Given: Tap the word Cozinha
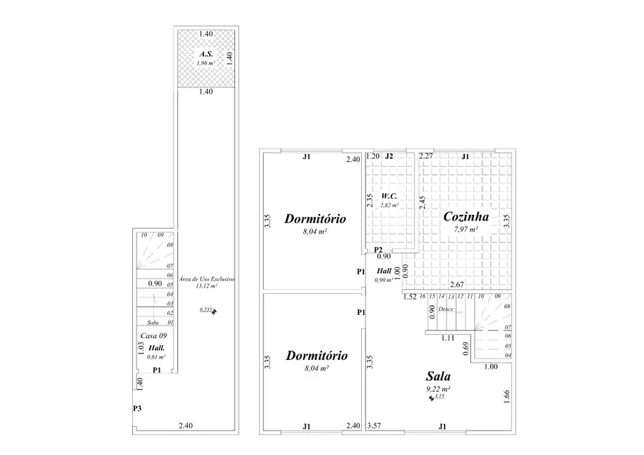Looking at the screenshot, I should click(x=465, y=217).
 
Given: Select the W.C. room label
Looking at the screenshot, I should click(x=389, y=196).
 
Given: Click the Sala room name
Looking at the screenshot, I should click(x=437, y=376).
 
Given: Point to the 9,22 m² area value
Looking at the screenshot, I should click(x=437, y=388).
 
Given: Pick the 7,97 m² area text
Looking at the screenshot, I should click(x=465, y=229).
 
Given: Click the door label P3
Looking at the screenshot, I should click(x=137, y=408).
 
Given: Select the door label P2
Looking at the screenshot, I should click(x=378, y=249).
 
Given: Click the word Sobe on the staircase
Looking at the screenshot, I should click(x=153, y=323).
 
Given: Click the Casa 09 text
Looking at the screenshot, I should click(x=153, y=336).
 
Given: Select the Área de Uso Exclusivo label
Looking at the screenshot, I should click(x=206, y=279).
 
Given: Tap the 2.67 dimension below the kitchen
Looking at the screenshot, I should click(x=456, y=284).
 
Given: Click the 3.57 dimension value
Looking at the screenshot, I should click(x=374, y=425).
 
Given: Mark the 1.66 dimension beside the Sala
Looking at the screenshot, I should click(x=507, y=396).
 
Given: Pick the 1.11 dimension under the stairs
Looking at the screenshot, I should click(x=448, y=338).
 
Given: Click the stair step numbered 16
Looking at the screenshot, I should click(x=422, y=297).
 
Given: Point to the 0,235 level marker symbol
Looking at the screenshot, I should click(x=214, y=312).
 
